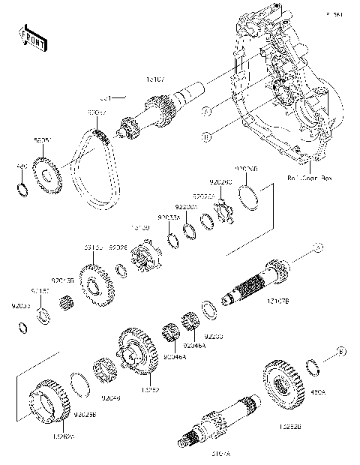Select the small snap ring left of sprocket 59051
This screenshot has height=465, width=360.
pos(22,185)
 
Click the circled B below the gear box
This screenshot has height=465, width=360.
pos(206,135)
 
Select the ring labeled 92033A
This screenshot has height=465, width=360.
pos(172,239)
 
